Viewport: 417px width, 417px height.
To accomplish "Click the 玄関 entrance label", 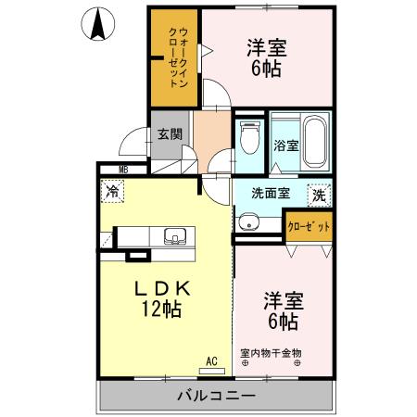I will [168, 134].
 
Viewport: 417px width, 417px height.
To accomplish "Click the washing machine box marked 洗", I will [318, 196].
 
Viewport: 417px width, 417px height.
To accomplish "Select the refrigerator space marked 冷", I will [112, 193].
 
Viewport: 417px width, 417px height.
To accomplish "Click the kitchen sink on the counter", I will [173, 236].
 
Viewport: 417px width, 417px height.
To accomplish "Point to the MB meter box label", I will [123, 169].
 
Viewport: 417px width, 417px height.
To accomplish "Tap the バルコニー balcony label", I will [215, 397].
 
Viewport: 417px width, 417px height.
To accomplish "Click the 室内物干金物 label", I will [272, 352].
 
